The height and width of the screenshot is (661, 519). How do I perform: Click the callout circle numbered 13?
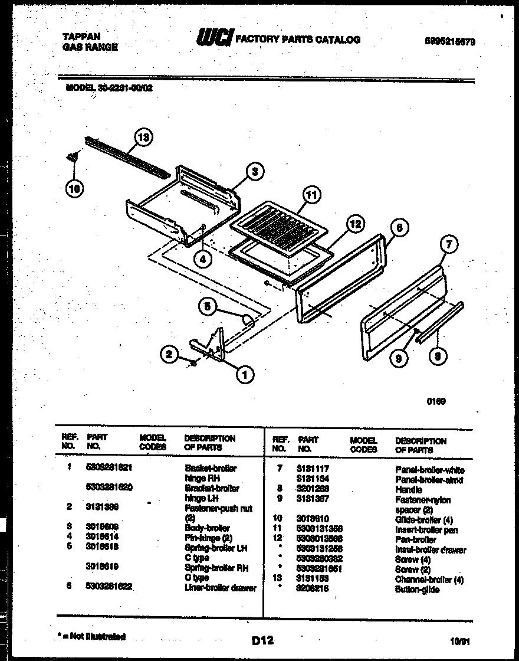[142, 138]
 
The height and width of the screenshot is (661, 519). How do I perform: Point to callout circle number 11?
[311, 195]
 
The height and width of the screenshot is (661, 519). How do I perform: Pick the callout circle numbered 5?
[207, 306]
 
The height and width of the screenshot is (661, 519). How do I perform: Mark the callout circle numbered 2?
[170, 354]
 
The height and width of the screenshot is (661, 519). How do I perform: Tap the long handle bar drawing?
[439, 323]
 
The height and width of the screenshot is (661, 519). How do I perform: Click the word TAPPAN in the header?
[81, 37]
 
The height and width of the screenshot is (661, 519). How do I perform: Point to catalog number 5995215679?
[450, 42]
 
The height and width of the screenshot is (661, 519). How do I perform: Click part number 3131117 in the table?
[313, 469]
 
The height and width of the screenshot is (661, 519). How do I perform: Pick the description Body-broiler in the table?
[207, 528]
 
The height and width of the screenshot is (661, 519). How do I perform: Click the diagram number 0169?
[436, 401]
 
